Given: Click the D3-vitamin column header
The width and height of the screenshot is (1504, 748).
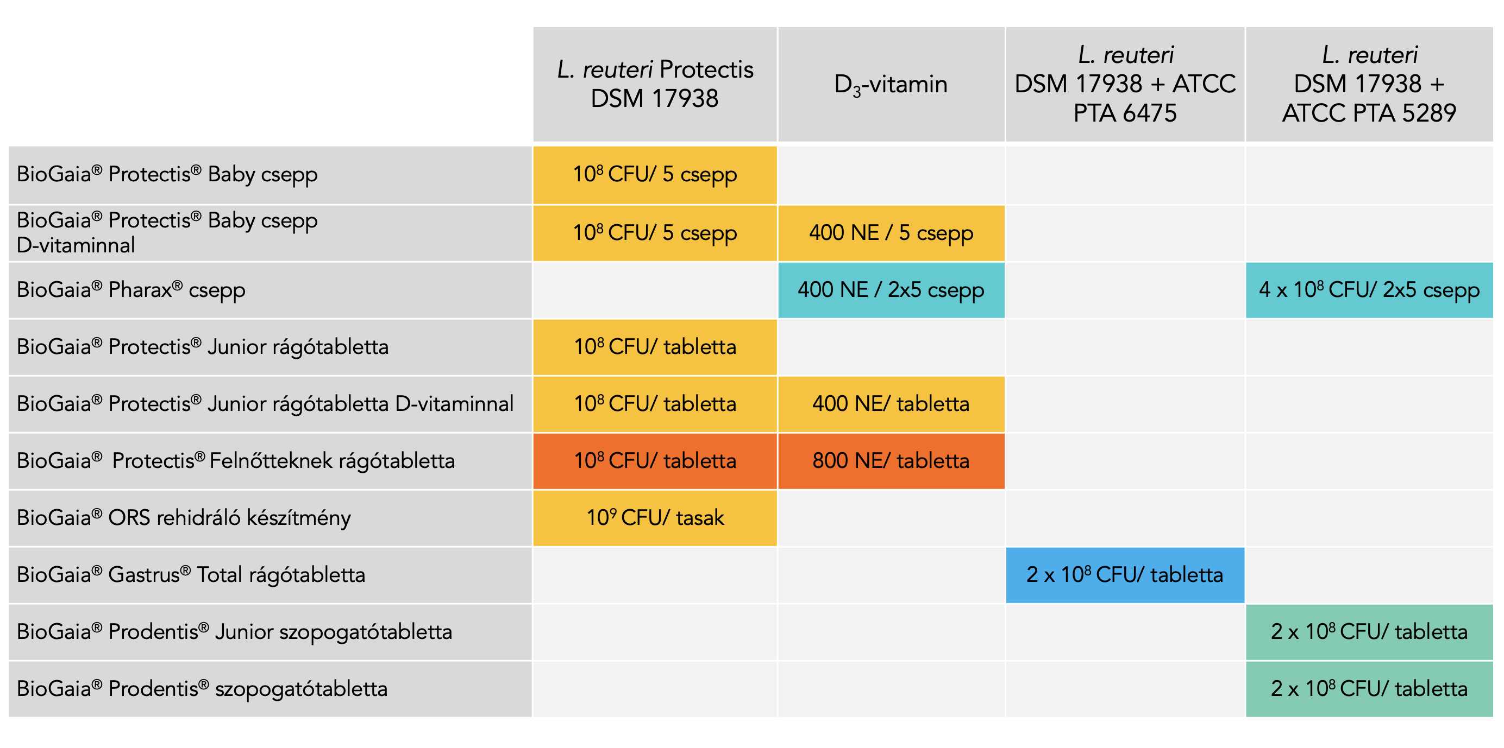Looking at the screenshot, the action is pos(891,85).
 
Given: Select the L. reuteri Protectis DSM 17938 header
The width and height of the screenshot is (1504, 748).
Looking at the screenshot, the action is pos(655,84).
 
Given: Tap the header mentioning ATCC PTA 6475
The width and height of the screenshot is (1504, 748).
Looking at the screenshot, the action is pos(1125,84).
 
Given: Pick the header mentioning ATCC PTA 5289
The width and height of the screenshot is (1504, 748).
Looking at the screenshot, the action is pos(1369,84).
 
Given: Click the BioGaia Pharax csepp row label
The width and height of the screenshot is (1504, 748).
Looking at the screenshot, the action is pos(131,290).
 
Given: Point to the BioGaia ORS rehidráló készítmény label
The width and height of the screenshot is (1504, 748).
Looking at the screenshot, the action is pos(184,518).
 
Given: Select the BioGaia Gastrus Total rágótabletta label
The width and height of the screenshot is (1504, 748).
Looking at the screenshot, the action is pos(191,575).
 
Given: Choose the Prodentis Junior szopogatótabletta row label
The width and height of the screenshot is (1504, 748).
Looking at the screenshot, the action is pos(234,632).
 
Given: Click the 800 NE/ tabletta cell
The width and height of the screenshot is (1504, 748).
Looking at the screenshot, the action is pos(891,461).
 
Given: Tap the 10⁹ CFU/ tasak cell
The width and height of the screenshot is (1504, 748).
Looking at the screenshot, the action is pos(655,518).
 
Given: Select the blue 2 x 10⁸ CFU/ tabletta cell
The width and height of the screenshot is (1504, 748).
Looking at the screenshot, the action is pos(1125,575).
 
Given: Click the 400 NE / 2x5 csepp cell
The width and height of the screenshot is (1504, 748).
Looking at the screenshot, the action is pos(891,290).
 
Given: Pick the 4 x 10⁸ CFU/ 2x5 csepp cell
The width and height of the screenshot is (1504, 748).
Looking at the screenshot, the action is pos(1369,290).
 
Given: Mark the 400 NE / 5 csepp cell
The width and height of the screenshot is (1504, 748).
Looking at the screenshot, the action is pos(891,233).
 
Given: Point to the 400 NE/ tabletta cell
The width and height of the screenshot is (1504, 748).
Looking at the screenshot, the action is pos(891,404).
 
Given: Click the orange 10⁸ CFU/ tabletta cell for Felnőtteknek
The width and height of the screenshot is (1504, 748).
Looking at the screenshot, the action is pos(655,461).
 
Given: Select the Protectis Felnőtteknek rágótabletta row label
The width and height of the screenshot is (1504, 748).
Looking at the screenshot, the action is pos(235,461).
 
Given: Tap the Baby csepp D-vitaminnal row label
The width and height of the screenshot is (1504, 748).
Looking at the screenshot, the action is pos(167,233).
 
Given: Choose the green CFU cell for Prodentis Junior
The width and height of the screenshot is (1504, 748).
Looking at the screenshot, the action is pos(1369,632).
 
